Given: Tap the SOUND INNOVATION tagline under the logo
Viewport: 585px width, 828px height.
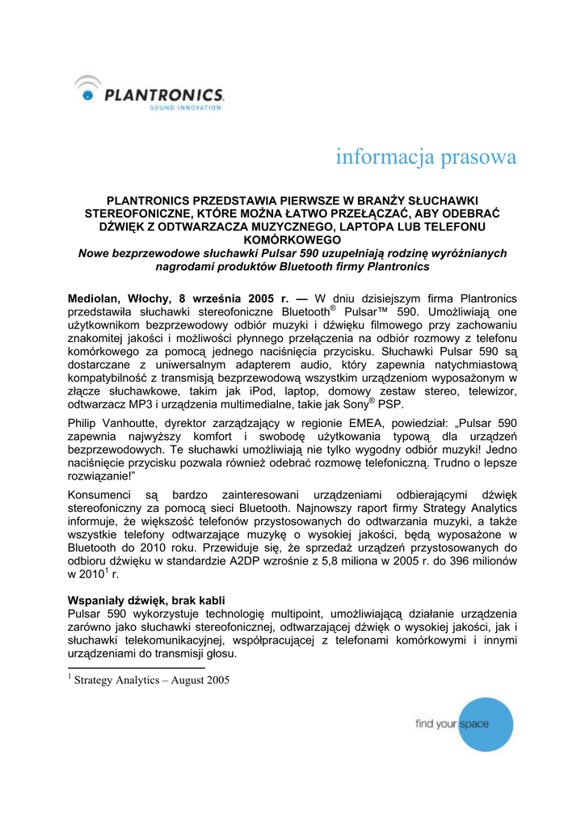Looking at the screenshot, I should point(186,108).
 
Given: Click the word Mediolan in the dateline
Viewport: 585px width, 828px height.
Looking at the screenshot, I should point(95,298).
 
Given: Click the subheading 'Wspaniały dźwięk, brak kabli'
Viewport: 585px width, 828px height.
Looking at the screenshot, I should point(147,602).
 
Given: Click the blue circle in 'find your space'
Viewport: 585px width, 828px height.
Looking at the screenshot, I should point(485,724).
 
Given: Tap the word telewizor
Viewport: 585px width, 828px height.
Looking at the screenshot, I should point(488,391).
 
